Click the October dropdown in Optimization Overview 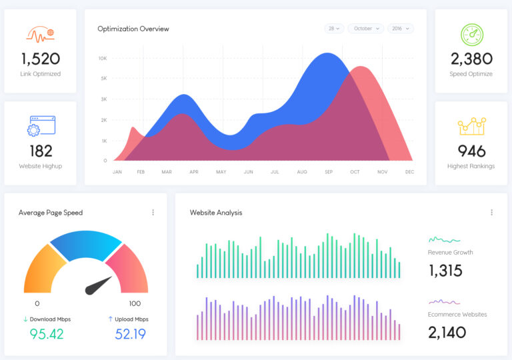(x=366, y=29)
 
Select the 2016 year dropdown (x=400, y=29)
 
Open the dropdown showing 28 (x=334, y=29)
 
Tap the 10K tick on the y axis (x=103, y=59)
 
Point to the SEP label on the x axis (x=329, y=172)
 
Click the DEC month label (x=409, y=172)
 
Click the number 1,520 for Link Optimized (x=40, y=59)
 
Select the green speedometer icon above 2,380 (x=471, y=35)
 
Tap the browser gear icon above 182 (x=41, y=127)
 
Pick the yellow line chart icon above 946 (x=471, y=126)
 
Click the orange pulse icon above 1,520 (x=40, y=33)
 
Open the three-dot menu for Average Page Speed (x=153, y=213)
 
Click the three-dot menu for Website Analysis (x=491, y=213)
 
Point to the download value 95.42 (x=47, y=334)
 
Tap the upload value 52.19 (x=130, y=334)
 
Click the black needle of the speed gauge (x=99, y=285)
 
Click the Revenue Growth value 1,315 (x=445, y=271)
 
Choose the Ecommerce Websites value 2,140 (x=447, y=332)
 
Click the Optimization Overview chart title (x=133, y=29)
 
